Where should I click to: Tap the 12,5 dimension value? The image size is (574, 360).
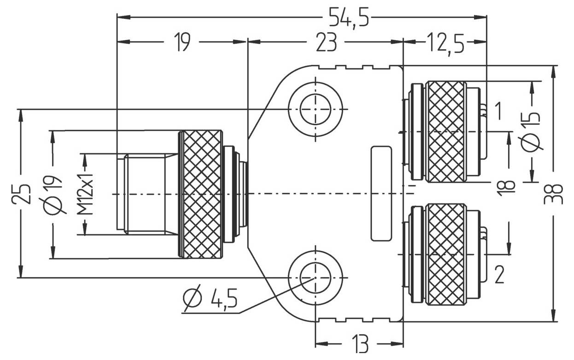pos(446,43)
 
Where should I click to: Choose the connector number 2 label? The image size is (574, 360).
pos(499,275)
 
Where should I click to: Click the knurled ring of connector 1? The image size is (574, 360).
pos(445,131)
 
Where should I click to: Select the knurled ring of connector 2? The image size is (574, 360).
pos(445,254)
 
